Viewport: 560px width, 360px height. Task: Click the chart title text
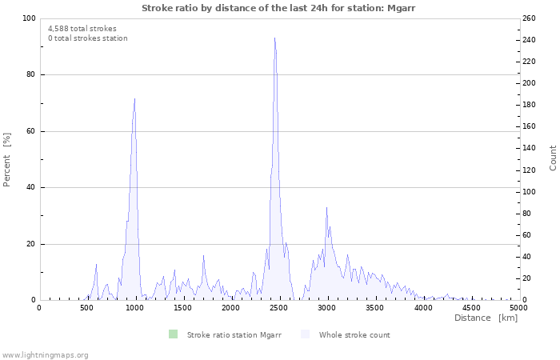[x=278, y=7]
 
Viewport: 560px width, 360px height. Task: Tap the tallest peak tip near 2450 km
[x=274, y=38]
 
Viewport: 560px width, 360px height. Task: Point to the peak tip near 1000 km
[x=134, y=99]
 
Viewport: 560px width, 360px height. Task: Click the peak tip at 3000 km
[x=326, y=208]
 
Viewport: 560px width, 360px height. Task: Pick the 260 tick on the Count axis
[x=529, y=18]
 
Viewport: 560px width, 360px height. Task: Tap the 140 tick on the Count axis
[x=529, y=149]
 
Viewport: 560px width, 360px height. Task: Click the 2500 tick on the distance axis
[x=278, y=308]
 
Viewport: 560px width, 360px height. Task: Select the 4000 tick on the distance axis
[x=422, y=308]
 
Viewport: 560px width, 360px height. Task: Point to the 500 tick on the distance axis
[x=86, y=308]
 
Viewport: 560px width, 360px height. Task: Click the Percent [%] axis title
[x=7, y=159]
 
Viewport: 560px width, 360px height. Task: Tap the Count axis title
[x=553, y=158]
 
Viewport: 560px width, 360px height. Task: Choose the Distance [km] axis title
[x=486, y=318]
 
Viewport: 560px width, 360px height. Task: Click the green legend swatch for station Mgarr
[x=173, y=334]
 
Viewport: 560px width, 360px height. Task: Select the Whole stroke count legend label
[x=354, y=335]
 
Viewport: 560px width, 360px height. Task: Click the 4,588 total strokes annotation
[x=82, y=29]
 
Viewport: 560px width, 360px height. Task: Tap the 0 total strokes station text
[x=87, y=38]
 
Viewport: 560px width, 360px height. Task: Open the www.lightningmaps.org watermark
[x=45, y=355]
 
